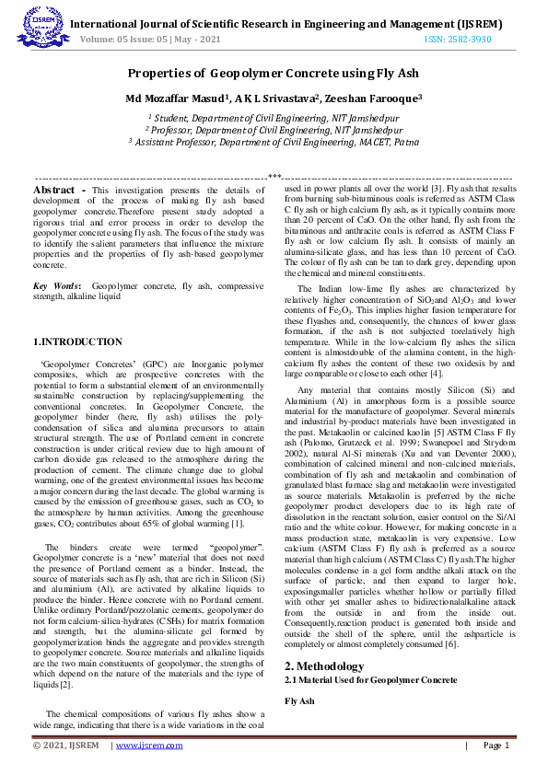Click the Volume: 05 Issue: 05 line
pos(150,40)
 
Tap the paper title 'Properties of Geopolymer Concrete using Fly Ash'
pos(274,73)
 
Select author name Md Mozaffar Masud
pos(176,98)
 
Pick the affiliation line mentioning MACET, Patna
pos(274,143)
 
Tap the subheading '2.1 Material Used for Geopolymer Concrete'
pos(370,679)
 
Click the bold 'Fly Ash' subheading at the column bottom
pos(299,701)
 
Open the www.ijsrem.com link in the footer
pos(149,746)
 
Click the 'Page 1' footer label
pos(492,746)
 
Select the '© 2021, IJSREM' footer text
pos(65,746)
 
